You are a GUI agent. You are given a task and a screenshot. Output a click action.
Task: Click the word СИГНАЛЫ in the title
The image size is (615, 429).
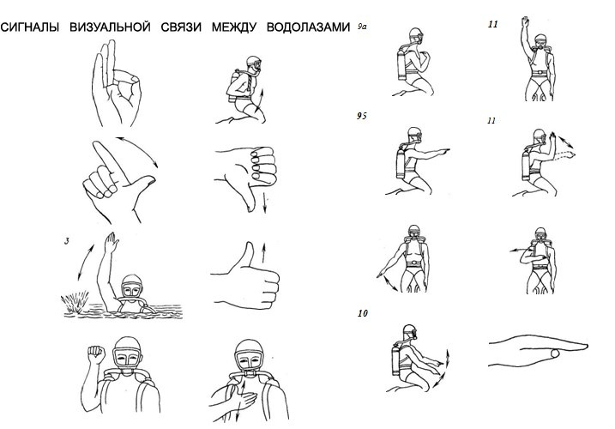29,27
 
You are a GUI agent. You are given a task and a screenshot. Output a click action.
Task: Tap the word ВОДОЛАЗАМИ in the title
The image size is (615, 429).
308,27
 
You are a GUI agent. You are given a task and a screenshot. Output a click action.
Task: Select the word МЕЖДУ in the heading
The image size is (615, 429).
234,27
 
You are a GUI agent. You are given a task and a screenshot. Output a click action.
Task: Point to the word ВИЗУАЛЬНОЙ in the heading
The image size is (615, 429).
110,27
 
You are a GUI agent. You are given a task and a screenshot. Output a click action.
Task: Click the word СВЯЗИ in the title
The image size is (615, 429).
181,27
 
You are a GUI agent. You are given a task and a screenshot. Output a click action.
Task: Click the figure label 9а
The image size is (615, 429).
362,27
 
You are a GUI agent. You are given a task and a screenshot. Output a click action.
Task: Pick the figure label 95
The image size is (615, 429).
362,116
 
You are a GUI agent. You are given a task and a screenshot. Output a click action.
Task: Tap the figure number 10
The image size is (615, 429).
363,313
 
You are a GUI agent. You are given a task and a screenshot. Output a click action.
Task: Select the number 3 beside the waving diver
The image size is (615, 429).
67,241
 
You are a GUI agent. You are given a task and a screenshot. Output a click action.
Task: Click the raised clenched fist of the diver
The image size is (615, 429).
96,354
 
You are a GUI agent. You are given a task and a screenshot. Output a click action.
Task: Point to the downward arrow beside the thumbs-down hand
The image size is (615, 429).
265,202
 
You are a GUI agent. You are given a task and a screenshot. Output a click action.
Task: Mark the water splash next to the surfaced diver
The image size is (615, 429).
74,301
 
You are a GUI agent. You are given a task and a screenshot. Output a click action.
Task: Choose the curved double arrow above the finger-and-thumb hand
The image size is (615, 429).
137,151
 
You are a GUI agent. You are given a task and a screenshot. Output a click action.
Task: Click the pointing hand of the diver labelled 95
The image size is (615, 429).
443,150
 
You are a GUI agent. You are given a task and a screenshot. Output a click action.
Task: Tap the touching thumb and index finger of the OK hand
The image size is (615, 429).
126,77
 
